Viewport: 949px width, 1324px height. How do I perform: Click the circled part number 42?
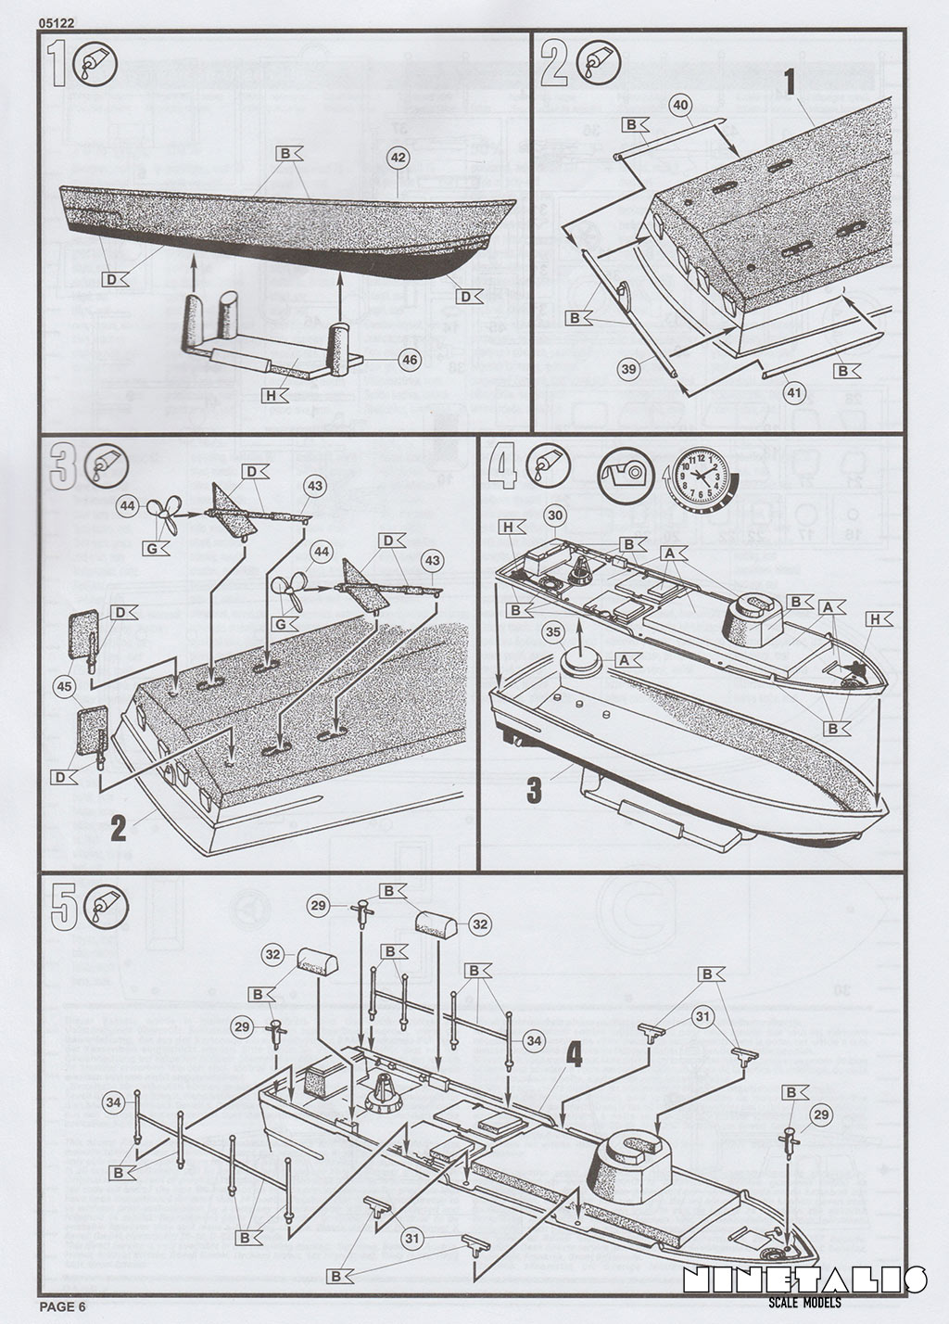click(x=398, y=159)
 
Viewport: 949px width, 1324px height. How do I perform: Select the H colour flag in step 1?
click(x=275, y=397)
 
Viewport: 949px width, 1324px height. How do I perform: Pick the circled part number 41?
click(x=795, y=392)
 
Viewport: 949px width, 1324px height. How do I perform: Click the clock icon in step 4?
click(x=701, y=476)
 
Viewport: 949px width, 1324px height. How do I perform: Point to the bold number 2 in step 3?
click(x=118, y=825)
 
